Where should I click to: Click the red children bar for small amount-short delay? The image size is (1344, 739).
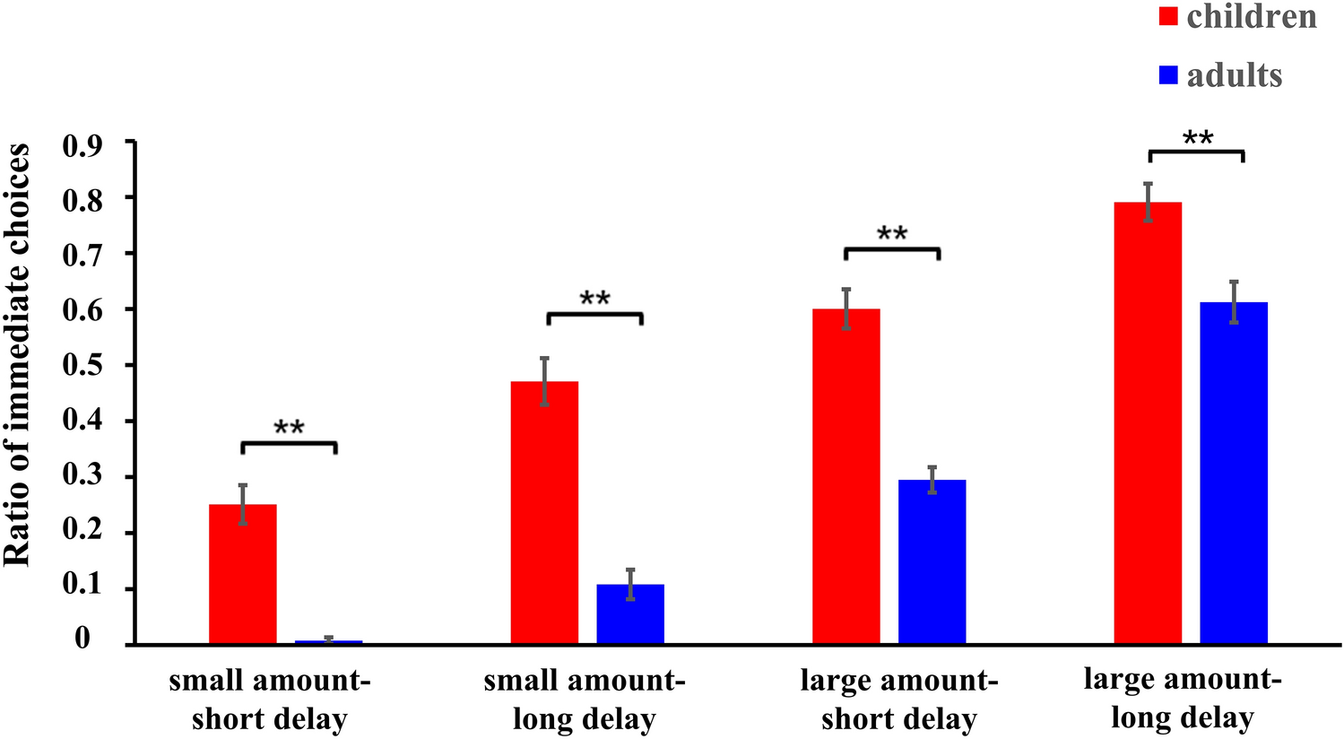243,574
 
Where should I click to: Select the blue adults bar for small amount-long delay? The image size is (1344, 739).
630,614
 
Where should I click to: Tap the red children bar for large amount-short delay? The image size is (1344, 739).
846,476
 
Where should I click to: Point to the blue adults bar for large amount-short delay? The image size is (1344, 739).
932,561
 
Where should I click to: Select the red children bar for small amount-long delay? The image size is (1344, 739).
544,512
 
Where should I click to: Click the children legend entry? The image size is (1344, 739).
1237,16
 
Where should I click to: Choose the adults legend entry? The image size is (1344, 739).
1220,75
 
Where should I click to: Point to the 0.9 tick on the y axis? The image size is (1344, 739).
82,143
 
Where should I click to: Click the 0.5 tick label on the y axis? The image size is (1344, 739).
82,365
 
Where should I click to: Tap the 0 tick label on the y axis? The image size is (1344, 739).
82,639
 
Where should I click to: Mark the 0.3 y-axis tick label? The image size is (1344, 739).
82,476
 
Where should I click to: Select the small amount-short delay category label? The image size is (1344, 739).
269,700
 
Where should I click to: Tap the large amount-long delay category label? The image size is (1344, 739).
1183,698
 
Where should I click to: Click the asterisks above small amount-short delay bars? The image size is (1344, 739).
289,428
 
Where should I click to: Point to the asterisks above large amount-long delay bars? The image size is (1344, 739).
1198,138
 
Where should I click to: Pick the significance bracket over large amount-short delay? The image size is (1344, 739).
892,249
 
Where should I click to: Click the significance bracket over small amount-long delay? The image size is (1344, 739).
595,314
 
